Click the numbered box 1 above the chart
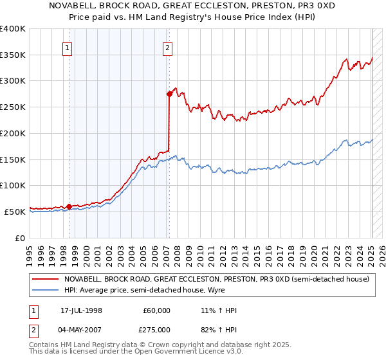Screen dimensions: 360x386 [68, 46]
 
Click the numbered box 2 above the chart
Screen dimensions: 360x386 [167, 46]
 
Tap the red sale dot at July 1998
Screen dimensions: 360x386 [69, 206]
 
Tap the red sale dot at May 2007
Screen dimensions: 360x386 [169, 94]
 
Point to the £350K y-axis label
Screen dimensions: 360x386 [13, 55]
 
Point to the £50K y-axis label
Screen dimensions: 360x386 [15, 212]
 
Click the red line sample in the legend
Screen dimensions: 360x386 [44, 279]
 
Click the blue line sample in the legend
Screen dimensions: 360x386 [44, 290]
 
